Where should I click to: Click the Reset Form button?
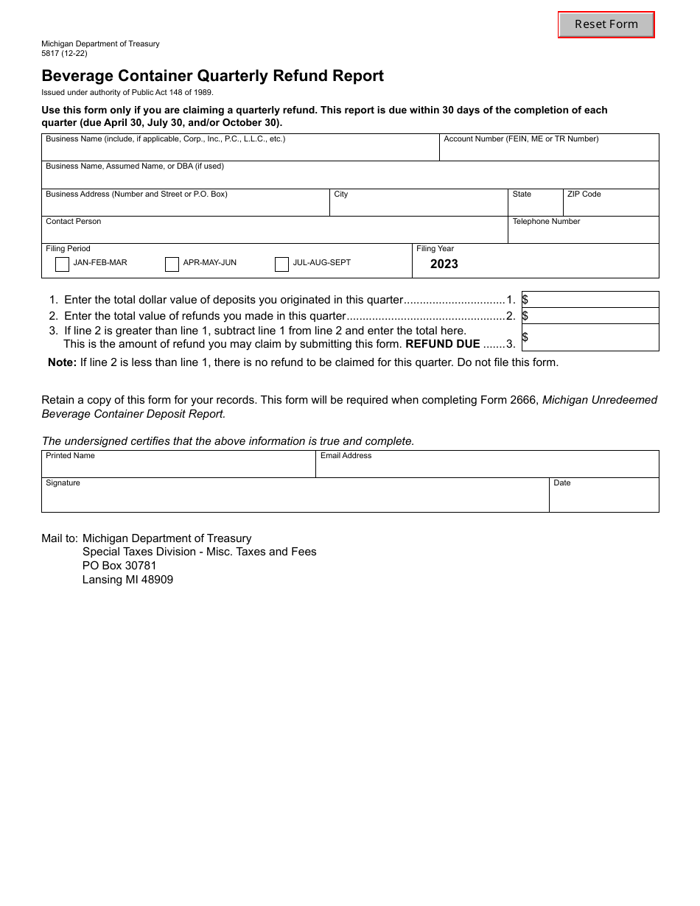click(606, 24)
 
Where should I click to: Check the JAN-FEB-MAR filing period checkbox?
click(63, 264)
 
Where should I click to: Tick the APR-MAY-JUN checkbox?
click(172, 264)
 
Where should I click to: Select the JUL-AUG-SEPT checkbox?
click(281, 264)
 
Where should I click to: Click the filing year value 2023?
click(444, 264)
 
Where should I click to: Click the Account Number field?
click(549, 151)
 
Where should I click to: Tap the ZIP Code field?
click(611, 206)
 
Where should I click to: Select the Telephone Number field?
click(583, 233)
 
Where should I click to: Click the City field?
click(418, 206)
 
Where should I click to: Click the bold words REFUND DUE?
click(442, 344)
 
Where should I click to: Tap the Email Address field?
click(487, 468)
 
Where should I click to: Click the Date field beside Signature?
click(603, 499)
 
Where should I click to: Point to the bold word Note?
click(62, 362)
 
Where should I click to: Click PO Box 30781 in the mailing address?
click(119, 566)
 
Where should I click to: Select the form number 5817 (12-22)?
click(64, 53)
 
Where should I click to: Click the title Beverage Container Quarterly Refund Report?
click(212, 76)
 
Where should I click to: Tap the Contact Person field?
click(274, 233)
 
